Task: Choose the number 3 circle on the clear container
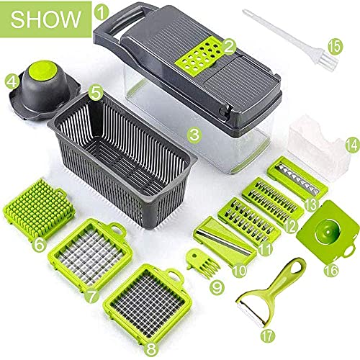tap(194, 132)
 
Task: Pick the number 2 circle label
tap(230, 48)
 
